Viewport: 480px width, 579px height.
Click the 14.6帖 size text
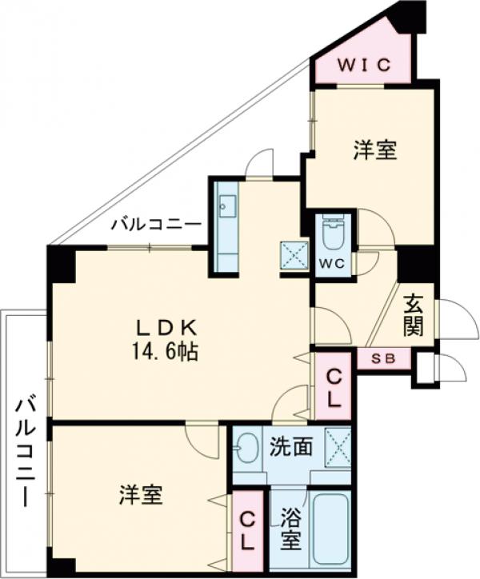click(x=167, y=349)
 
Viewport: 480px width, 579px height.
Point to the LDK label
click(x=166, y=327)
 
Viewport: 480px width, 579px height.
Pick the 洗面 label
click(x=290, y=446)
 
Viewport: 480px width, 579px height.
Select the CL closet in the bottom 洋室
click(x=246, y=529)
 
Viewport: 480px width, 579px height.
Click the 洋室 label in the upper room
click(x=375, y=150)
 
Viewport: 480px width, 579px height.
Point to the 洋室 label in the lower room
click(x=141, y=495)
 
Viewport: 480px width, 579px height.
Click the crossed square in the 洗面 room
click(x=337, y=443)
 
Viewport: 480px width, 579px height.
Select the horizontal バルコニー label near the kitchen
click(x=156, y=224)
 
